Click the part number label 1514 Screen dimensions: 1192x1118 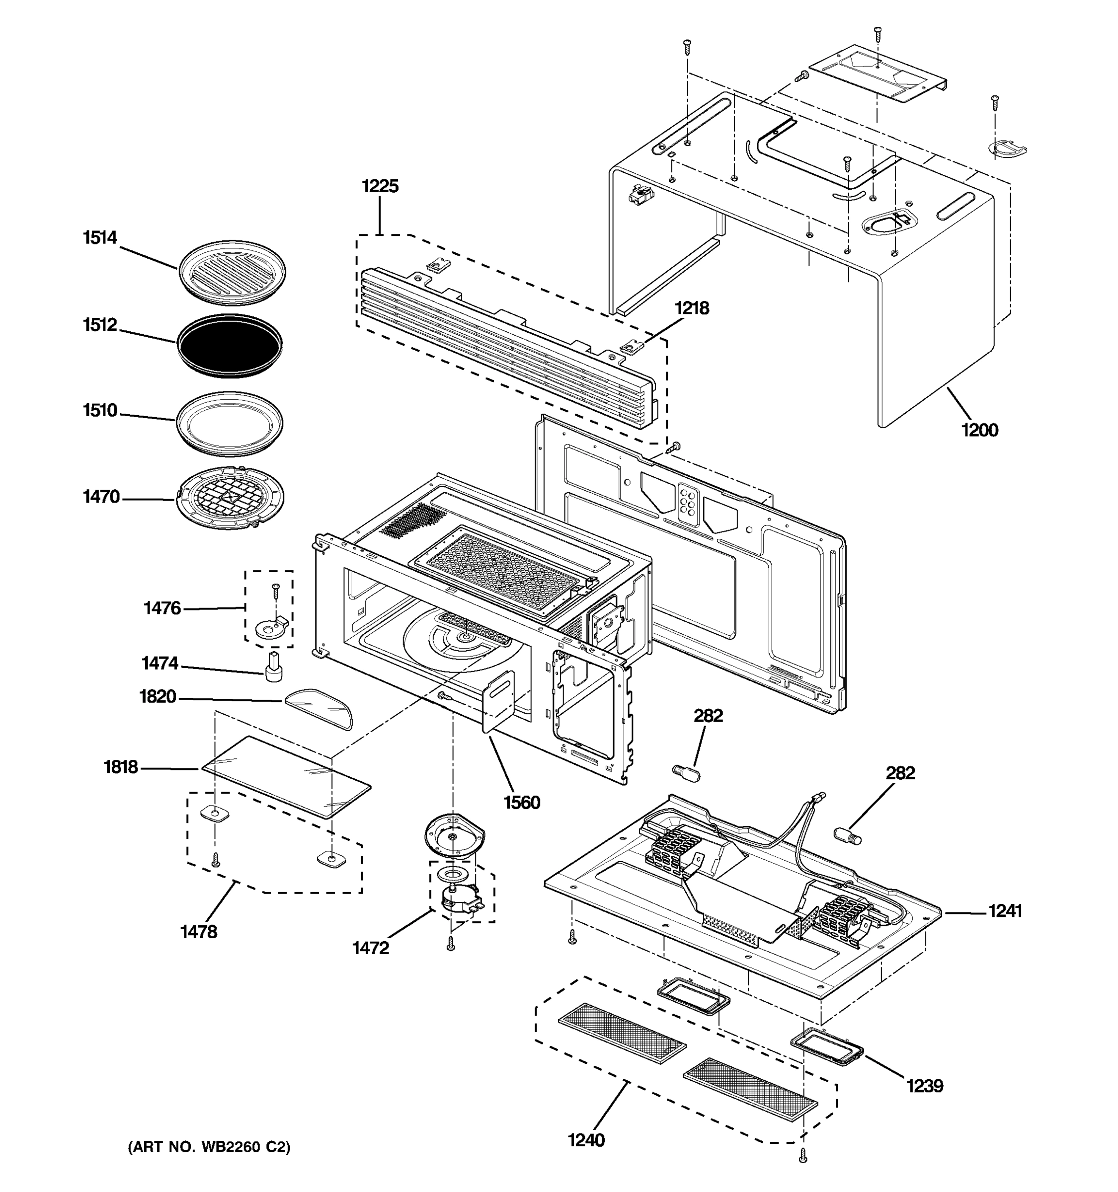pos(99,238)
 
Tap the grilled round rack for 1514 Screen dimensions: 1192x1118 pos(232,272)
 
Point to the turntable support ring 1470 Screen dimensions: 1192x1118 pos(231,498)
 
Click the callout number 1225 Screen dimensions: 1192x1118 pos(380,186)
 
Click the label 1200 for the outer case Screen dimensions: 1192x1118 pos(979,430)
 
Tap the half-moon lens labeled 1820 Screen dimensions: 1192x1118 pos(319,708)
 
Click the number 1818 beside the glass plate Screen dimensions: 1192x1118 pos(121,767)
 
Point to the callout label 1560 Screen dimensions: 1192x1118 pos(521,802)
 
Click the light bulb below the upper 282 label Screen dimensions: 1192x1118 pos(687,771)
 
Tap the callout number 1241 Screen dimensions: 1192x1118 pos(1005,911)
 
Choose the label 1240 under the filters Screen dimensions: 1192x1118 pos(586,1140)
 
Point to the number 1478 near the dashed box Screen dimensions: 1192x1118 pos(199,931)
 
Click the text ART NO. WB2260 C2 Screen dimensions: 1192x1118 pos(209,1147)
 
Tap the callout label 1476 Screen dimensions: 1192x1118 pos(162,608)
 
